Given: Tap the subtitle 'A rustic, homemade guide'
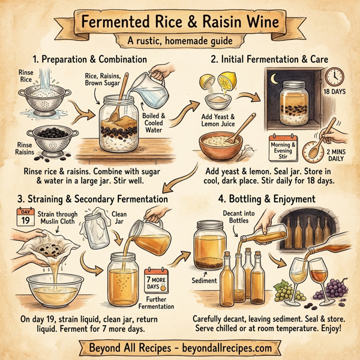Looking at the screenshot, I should [180, 42].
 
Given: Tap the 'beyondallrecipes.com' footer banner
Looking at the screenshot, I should [180, 347].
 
